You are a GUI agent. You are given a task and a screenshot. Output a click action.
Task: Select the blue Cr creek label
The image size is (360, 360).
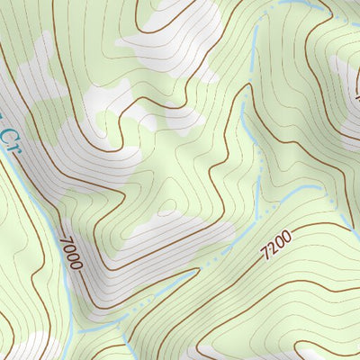pos(9,139)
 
